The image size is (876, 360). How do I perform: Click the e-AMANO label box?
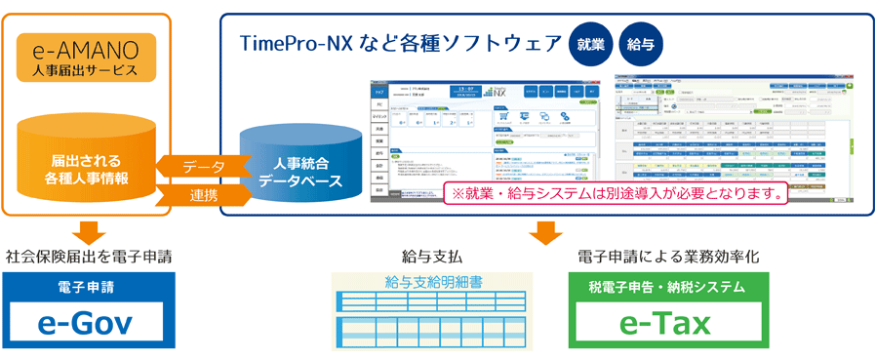[86, 59]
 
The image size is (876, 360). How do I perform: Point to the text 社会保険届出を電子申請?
[89, 257]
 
